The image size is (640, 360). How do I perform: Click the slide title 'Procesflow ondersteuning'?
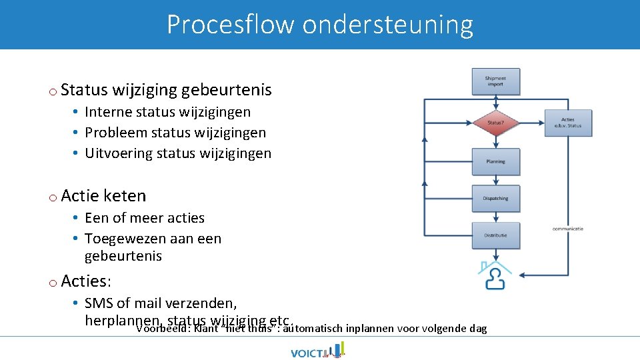tap(320, 25)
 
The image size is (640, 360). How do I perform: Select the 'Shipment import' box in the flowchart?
tap(495, 81)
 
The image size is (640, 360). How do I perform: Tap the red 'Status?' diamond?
tap(495, 122)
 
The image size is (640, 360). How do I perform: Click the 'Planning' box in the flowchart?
tap(495, 161)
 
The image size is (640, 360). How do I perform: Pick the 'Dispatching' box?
tap(495, 198)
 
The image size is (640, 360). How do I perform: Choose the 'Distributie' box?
tap(495, 235)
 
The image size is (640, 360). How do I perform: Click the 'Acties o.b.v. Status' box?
tap(567, 123)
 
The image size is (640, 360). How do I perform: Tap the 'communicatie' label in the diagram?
tap(567, 229)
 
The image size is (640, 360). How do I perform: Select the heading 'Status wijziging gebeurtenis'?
tap(166, 89)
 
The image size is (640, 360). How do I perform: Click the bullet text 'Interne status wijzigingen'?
tap(167, 112)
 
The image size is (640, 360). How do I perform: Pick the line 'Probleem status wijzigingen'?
tap(175, 133)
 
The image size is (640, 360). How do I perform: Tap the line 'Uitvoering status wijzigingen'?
tap(178, 153)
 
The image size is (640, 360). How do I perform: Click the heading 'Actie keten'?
tap(103, 195)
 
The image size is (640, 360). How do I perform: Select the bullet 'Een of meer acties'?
tap(144, 218)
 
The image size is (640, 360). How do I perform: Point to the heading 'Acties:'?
tap(86, 281)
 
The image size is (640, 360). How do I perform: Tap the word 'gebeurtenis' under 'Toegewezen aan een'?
tap(123, 256)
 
